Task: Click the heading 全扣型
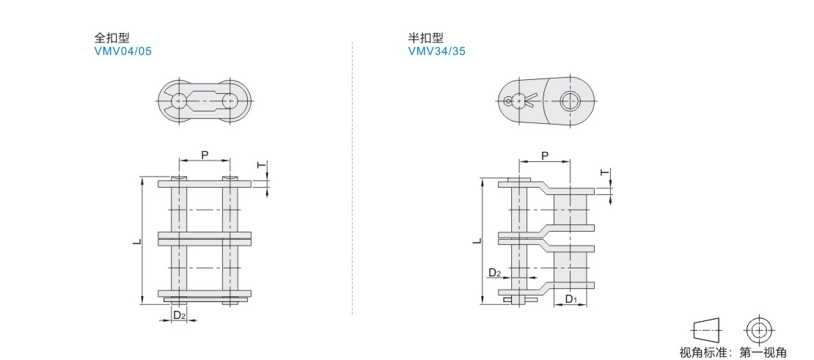click(111, 38)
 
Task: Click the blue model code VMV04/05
click(123, 51)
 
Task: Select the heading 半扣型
click(425, 38)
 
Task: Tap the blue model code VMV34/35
click(436, 51)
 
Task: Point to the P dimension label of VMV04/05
click(205, 155)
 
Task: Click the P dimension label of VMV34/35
click(545, 155)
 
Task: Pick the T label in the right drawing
click(605, 172)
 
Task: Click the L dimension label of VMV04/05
click(136, 241)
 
